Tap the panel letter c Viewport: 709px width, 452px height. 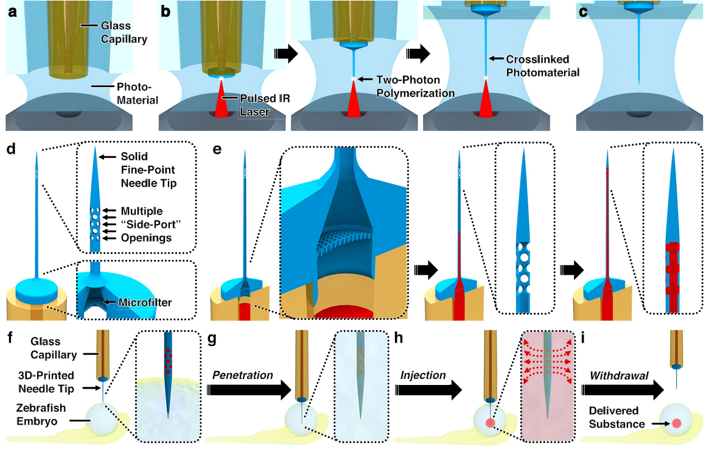coord(583,10)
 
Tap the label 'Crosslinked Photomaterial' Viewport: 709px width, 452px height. coord(540,65)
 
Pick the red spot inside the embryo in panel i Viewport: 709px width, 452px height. coord(676,423)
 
